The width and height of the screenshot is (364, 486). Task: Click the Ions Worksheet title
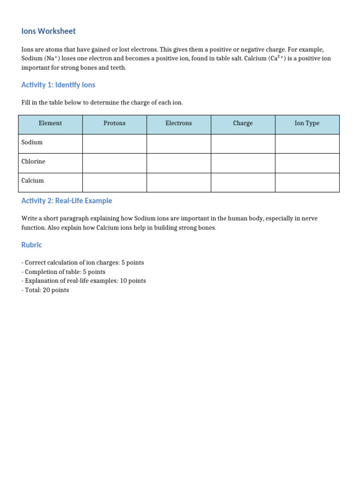(x=48, y=31)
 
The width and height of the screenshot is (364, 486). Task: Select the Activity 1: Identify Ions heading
(x=58, y=85)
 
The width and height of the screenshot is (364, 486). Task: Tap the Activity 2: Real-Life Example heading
(x=67, y=201)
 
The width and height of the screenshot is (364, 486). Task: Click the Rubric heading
(x=32, y=245)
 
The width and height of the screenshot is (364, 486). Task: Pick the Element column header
(x=50, y=123)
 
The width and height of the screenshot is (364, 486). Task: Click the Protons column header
(x=114, y=123)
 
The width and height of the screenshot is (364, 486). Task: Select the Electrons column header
(x=179, y=123)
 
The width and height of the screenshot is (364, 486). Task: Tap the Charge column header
(x=243, y=123)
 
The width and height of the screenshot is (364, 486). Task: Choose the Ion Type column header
(x=307, y=123)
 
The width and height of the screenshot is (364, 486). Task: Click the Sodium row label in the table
(x=32, y=142)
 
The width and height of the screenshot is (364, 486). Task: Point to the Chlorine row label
(x=34, y=161)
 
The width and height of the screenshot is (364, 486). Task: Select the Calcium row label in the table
(x=33, y=181)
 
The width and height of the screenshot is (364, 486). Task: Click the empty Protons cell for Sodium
(x=114, y=143)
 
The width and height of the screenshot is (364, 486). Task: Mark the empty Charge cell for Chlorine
(x=243, y=163)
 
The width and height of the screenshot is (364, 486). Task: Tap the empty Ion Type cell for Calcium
(x=307, y=182)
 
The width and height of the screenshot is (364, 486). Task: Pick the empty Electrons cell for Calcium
(x=179, y=182)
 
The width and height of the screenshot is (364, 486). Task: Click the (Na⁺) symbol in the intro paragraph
(x=53, y=58)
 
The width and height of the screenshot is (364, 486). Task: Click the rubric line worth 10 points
(x=84, y=281)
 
